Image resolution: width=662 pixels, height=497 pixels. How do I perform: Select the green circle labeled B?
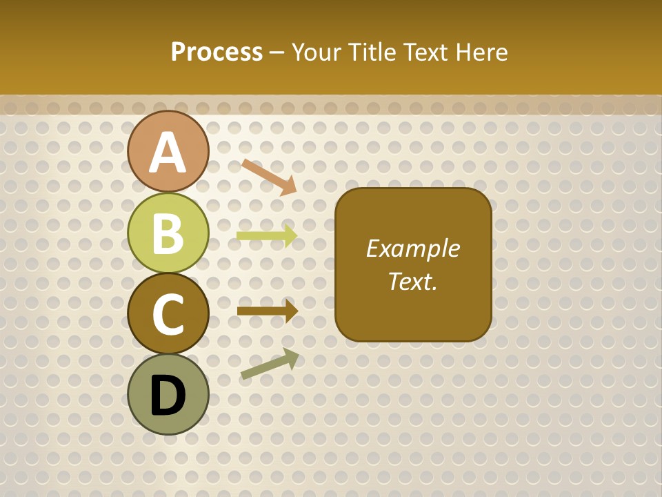pos(168,233)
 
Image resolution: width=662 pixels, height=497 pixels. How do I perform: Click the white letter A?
pos(168,153)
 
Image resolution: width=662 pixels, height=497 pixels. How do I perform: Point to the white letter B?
pos(168,233)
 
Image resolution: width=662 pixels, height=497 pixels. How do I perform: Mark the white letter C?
pos(168,314)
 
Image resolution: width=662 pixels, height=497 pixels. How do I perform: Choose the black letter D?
pos(168,395)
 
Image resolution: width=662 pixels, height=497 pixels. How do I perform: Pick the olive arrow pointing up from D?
pos(270,364)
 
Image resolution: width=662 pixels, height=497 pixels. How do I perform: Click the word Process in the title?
pos(217,52)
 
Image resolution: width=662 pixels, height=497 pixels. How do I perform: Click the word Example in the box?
pos(413,248)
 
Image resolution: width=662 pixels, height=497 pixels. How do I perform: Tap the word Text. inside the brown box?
pos(413,281)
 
